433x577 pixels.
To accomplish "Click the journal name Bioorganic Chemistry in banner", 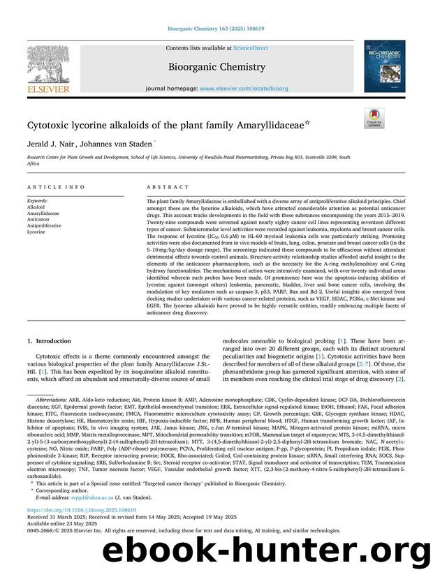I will [x=216, y=68].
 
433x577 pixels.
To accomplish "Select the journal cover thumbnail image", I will [x=384, y=66].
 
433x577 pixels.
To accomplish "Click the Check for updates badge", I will [x=374, y=119].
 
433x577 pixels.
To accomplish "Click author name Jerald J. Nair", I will [x=50, y=144].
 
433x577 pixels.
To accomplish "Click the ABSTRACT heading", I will [x=168, y=188].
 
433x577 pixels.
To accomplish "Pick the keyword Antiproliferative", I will [x=44, y=226].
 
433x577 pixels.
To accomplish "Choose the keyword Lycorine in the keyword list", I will [x=36, y=232].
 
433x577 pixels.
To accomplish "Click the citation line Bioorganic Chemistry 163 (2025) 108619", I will [x=216, y=29].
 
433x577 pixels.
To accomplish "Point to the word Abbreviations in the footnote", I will [x=53, y=400].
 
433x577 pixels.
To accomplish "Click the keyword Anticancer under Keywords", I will [x=39, y=220].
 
